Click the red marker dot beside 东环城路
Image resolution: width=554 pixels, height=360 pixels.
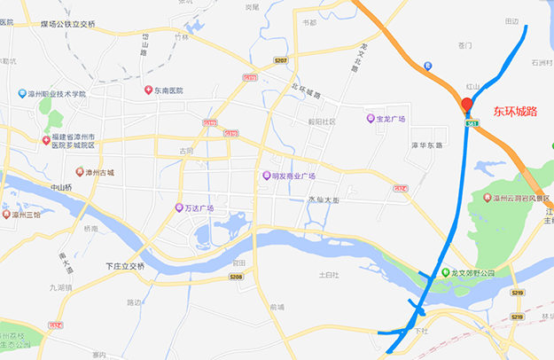click(x=467, y=105)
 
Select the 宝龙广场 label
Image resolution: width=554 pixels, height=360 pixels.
click(x=391, y=119)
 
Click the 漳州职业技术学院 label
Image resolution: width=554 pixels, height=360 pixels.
click(x=58, y=93)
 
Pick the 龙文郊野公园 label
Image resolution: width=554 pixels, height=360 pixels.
click(x=472, y=273)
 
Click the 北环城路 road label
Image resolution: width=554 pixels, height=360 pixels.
click(x=305, y=90)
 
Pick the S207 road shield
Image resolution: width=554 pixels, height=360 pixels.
click(x=281, y=60)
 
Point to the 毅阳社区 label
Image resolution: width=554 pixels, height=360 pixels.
click(x=321, y=121)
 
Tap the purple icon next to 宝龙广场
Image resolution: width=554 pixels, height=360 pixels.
click(x=371, y=119)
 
